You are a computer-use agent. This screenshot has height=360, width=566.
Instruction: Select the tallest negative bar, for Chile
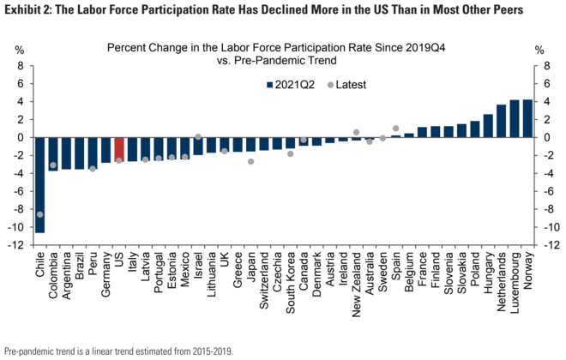[x=39, y=184]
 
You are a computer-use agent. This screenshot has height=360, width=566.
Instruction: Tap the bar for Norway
[x=527, y=118]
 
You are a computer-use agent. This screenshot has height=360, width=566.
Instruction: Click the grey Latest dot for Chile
[x=39, y=214]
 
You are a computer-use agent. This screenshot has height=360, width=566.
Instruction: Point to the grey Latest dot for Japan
[x=251, y=161]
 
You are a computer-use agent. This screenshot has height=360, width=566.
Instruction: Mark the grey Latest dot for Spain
[x=395, y=129]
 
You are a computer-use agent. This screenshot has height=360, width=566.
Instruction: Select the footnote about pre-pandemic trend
[x=118, y=351]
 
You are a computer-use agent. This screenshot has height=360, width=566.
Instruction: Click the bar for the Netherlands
[x=502, y=121]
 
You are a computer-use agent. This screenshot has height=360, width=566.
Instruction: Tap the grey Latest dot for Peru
[x=93, y=169]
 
